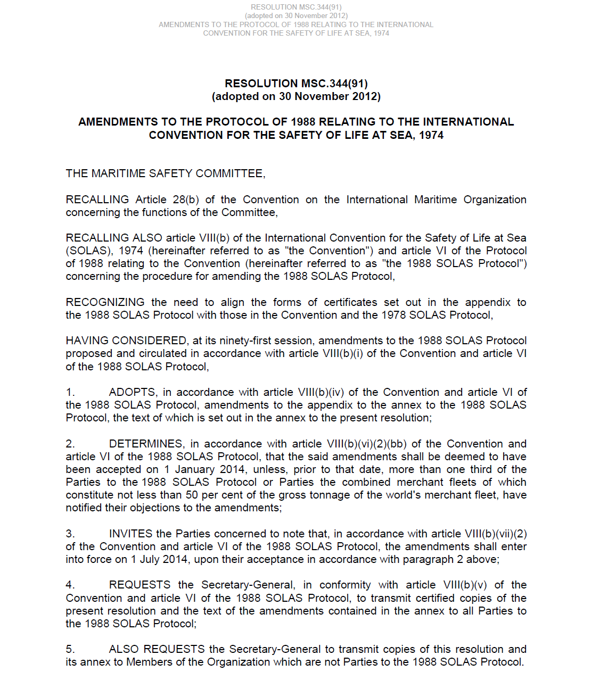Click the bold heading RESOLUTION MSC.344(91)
[x=296, y=84]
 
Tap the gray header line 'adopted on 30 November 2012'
[x=296, y=16]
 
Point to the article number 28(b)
[x=186, y=200]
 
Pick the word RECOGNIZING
[x=105, y=302]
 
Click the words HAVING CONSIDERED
[x=126, y=341]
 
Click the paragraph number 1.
[x=70, y=392]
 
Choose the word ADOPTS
[x=133, y=392]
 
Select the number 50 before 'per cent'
[x=192, y=495]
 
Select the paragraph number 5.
[x=70, y=649]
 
